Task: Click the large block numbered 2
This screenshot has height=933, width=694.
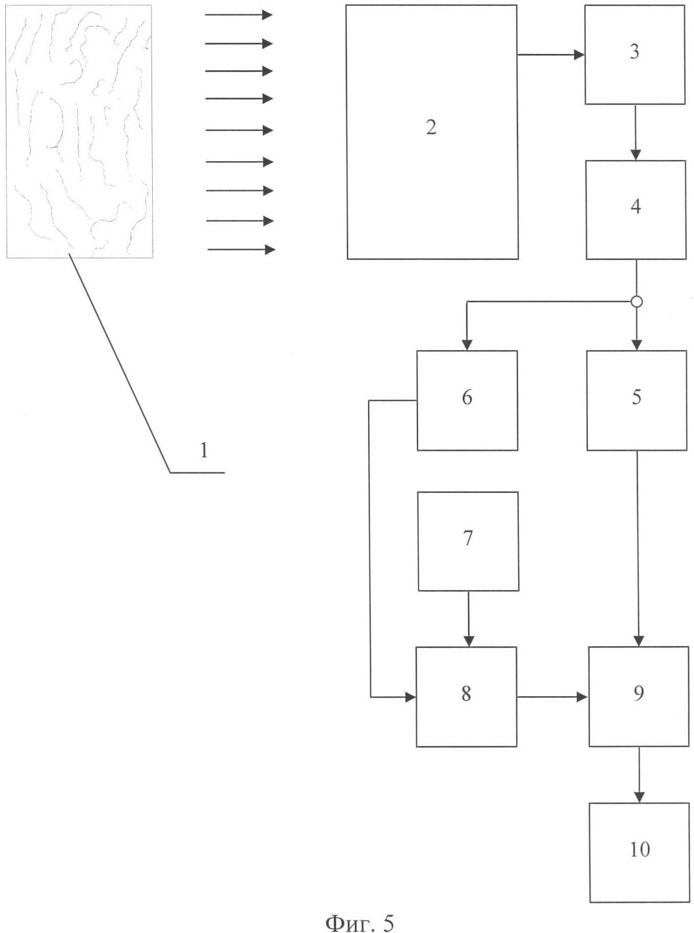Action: (x=432, y=132)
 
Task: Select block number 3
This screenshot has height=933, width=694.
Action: (x=635, y=54)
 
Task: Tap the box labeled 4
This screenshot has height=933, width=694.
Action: (x=636, y=209)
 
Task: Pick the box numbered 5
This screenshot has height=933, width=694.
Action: (x=637, y=400)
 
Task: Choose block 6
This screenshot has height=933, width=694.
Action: (x=467, y=400)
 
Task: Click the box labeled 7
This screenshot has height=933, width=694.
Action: (x=468, y=542)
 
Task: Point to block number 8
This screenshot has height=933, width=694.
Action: (x=467, y=697)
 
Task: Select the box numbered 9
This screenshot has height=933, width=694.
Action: (x=639, y=697)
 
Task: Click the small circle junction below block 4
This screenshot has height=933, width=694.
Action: (x=637, y=301)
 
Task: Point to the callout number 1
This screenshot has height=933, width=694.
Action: (x=204, y=451)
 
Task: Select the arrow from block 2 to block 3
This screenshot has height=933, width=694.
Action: (x=552, y=54)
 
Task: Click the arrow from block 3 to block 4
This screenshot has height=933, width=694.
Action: (x=635, y=132)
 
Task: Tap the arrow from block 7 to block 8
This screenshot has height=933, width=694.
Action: (x=468, y=619)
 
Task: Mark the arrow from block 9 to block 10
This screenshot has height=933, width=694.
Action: (x=639, y=775)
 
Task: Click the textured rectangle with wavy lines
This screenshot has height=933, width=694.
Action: (x=79, y=131)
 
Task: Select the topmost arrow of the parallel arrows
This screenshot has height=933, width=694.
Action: (x=239, y=14)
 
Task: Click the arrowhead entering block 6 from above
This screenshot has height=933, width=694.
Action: (x=467, y=345)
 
